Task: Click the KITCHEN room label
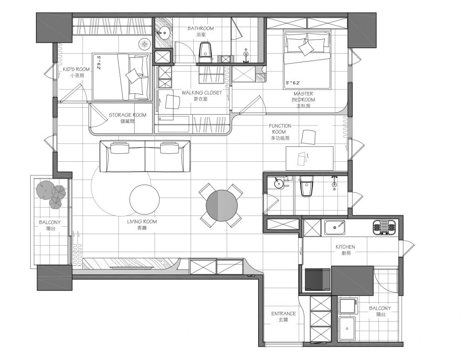click(x=345, y=247)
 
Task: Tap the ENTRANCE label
click(x=283, y=313)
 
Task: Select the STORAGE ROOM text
click(x=128, y=115)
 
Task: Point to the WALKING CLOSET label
click(x=202, y=92)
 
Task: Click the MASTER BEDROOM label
click(x=303, y=97)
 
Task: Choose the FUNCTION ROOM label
click(x=280, y=129)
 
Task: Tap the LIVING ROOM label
click(x=142, y=222)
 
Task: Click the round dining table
click(x=222, y=206)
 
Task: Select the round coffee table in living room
click(x=145, y=199)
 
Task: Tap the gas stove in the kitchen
click(x=384, y=228)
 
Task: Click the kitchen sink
click(x=335, y=228)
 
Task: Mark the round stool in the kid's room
click(x=145, y=44)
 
